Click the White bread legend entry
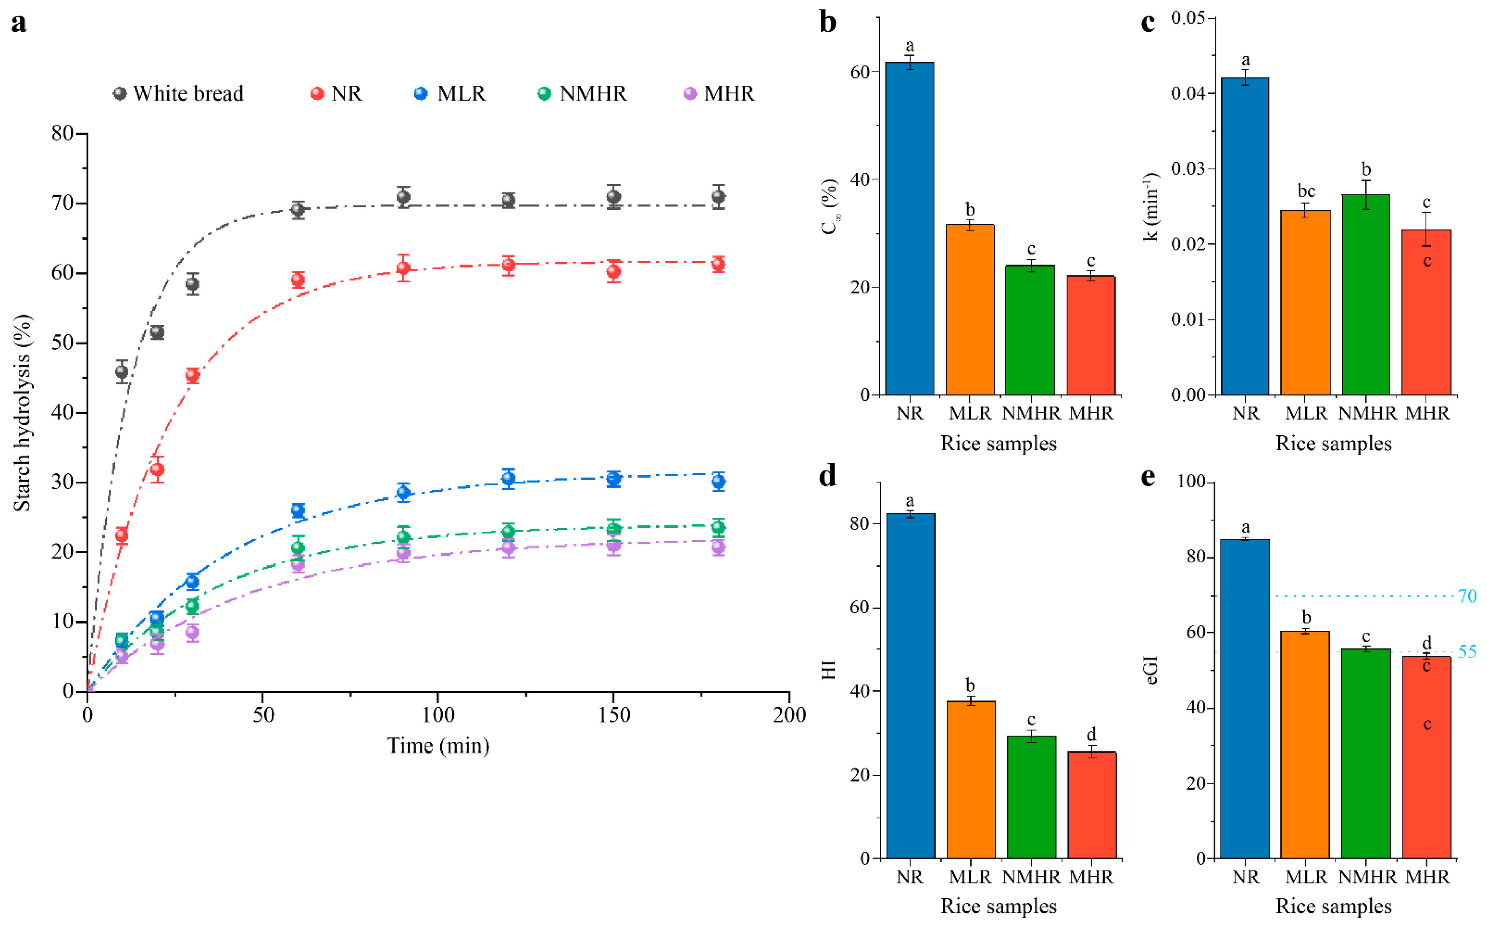179,94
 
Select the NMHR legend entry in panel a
583,94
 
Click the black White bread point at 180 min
718,197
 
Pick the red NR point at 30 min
193,375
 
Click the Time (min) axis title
438,746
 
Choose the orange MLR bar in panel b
970,309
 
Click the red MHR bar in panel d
1092,805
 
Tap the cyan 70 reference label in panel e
1467,596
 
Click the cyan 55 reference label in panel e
1467,652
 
